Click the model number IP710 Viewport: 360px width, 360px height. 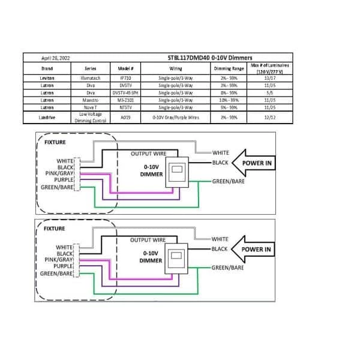[125, 78]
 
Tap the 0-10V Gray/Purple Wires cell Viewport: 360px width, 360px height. [175, 118]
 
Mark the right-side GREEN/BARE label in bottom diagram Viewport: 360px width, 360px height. [229, 268]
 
